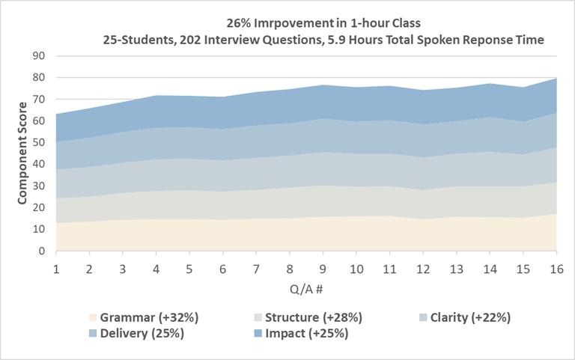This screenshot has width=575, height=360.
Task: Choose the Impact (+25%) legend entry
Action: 304,333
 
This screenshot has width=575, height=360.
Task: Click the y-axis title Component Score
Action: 22,153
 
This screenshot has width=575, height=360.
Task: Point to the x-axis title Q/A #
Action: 305,288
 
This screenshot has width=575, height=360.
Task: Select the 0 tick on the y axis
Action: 43,251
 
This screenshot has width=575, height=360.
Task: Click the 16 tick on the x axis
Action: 556,267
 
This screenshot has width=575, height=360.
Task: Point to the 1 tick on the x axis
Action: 55,267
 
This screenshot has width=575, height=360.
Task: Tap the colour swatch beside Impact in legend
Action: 257,334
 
